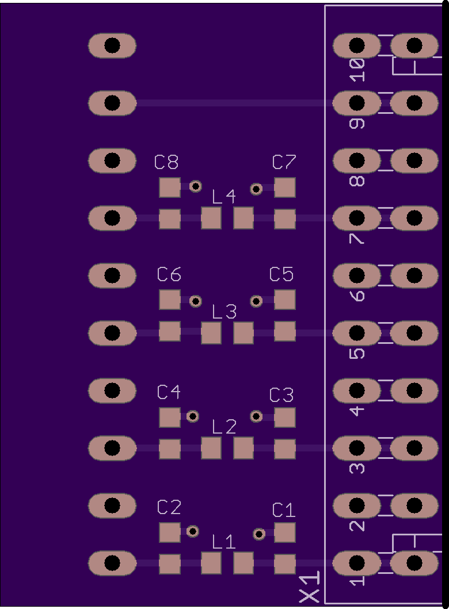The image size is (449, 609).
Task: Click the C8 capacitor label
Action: click(x=166, y=162)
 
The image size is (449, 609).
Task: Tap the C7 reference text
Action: click(x=284, y=162)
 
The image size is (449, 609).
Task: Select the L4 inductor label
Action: click(x=223, y=197)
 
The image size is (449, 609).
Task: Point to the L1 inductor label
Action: click(x=223, y=542)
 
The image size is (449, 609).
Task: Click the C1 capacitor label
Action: click(x=284, y=510)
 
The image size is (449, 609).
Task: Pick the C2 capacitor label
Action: click(x=169, y=507)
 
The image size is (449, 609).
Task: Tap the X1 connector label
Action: click(x=310, y=588)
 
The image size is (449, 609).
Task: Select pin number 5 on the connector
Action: click(x=357, y=353)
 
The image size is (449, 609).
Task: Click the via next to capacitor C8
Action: click(x=196, y=186)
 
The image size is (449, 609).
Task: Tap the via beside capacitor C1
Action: click(x=259, y=534)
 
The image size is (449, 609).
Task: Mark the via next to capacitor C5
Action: click(x=257, y=301)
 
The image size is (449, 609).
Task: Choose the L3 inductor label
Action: click(x=224, y=312)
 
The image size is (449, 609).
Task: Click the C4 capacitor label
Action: click(x=169, y=392)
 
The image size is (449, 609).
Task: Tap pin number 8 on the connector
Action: click(x=357, y=181)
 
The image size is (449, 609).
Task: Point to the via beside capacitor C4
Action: click(x=193, y=416)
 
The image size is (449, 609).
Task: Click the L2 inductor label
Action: click(x=224, y=427)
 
